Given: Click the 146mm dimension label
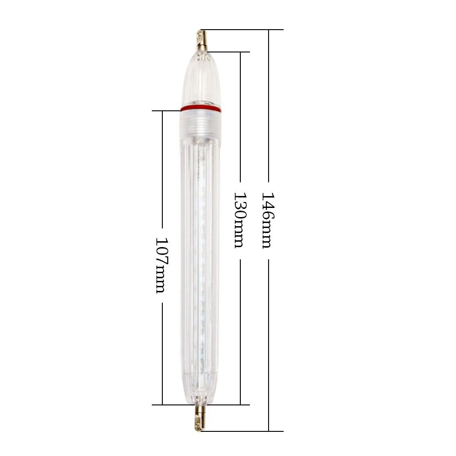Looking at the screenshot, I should click(268, 220).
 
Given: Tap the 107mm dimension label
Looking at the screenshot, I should click(162, 265).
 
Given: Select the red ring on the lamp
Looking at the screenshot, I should click(201, 109).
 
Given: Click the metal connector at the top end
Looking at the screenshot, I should click(201, 41).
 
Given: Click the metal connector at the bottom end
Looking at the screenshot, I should click(200, 417).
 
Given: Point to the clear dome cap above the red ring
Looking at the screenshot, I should click(201, 80).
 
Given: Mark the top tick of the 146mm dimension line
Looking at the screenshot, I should click(269, 30).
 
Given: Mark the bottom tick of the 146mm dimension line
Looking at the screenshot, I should click(269, 430).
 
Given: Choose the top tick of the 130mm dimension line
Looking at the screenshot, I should click(240, 52).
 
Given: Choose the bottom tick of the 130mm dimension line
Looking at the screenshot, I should click(240, 404).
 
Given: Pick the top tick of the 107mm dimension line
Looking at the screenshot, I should click(163, 110).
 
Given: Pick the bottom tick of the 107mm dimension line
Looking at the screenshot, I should click(163, 404).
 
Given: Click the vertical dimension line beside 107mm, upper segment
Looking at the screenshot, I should click(163, 169).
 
